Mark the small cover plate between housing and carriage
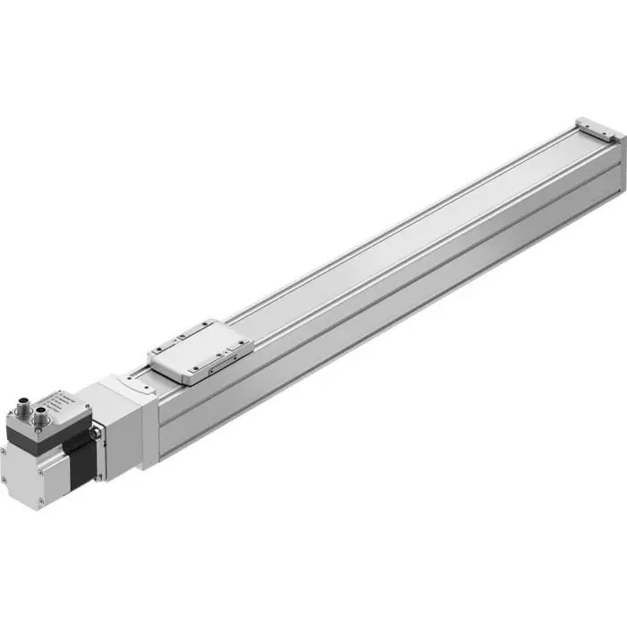(140, 382)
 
